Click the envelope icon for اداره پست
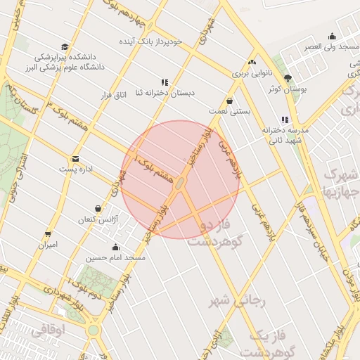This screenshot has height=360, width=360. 75,159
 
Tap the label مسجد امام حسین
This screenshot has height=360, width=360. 115,258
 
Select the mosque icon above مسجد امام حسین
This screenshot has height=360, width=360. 115,247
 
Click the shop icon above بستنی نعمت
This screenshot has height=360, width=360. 230,101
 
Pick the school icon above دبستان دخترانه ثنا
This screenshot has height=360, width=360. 165,82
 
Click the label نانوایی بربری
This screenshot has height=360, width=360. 247,72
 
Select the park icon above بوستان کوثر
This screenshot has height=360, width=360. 287,78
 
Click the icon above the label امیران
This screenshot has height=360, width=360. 48,234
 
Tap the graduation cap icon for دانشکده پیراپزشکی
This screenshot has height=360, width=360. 65,46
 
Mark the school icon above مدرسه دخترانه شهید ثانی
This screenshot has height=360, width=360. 285,120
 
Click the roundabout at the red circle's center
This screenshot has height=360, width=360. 180,184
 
